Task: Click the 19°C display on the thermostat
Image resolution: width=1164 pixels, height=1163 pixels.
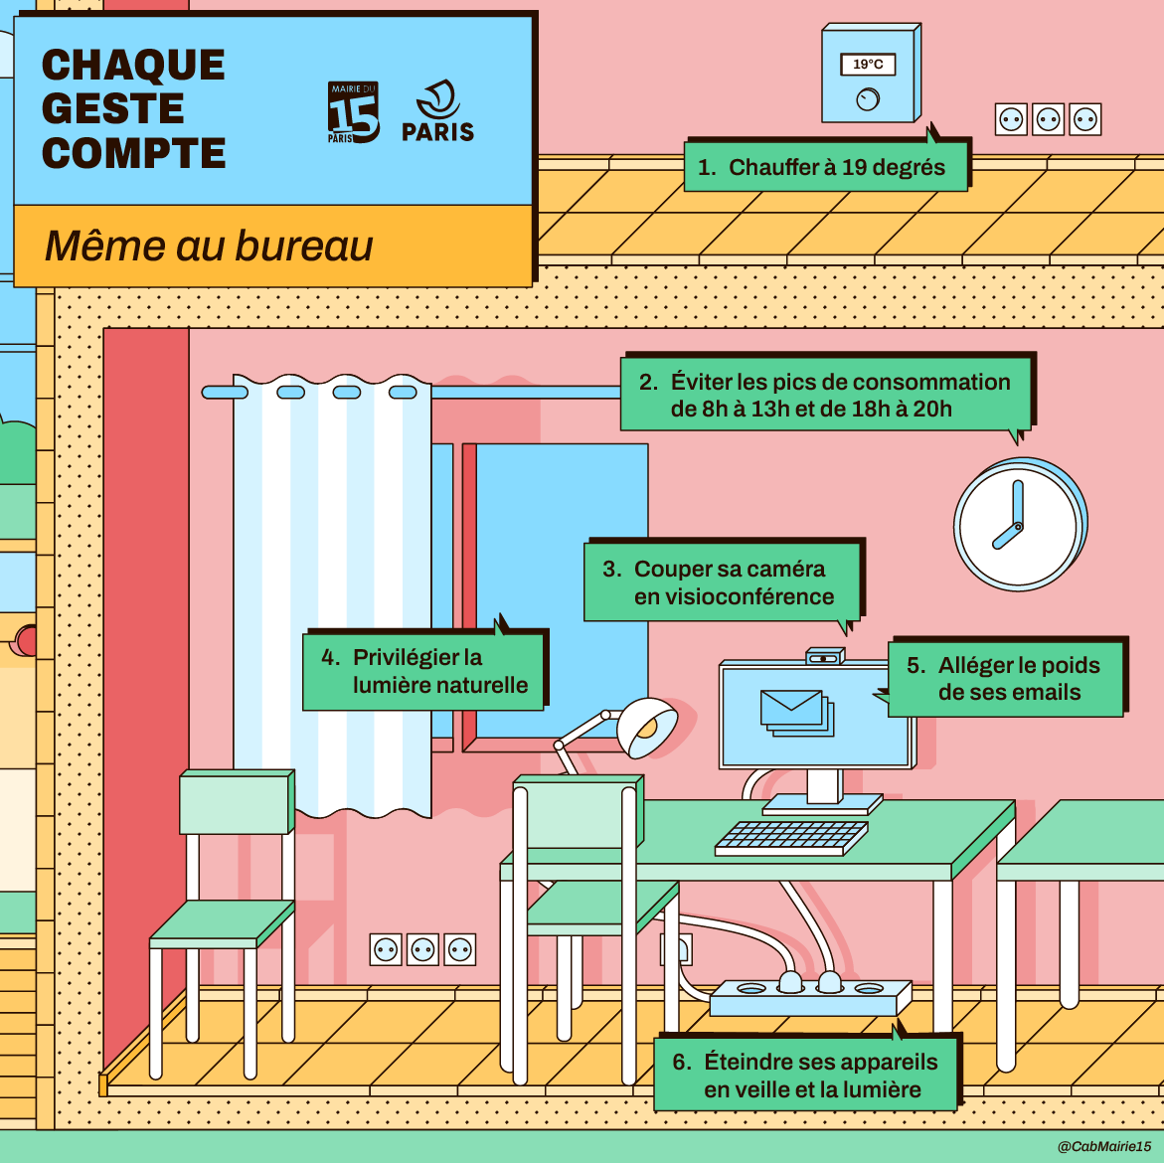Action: click(868, 65)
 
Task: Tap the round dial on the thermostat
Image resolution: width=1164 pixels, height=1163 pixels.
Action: click(868, 99)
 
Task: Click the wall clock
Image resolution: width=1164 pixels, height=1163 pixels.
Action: click(1017, 524)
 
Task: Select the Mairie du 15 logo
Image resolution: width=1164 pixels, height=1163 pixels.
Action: click(353, 113)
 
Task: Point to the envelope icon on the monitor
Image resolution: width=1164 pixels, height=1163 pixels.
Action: click(792, 708)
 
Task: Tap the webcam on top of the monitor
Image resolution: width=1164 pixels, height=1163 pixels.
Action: click(824, 657)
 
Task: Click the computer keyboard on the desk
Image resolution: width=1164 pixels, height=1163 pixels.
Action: click(790, 837)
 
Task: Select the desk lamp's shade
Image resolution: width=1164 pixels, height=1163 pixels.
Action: click(647, 727)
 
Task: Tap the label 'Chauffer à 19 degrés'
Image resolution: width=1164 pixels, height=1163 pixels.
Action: click(825, 167)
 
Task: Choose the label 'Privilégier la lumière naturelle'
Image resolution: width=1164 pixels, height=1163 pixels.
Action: click(423, 671)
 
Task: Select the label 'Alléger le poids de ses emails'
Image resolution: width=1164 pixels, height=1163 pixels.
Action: click(1006, 679)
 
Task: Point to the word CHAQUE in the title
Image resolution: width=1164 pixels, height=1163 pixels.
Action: click(133, 66)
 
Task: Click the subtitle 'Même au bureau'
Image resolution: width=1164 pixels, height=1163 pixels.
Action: click(209, 246)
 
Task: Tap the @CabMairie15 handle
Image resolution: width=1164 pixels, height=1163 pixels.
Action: click(1103, 1146)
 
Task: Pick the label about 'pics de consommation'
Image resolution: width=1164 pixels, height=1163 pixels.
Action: click(826, 395)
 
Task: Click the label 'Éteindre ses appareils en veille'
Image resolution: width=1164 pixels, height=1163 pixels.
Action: click(806, 1076)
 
